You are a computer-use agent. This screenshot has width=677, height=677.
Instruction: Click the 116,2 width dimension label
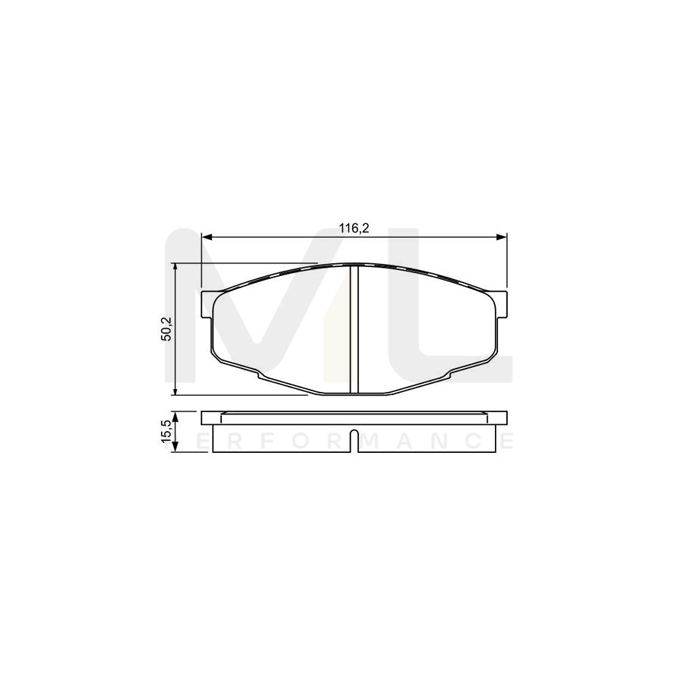(x=354, y=229)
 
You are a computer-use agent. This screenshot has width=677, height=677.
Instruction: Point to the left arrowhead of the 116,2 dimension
(x=206, y=238)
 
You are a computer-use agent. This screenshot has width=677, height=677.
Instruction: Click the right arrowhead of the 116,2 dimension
(x=502, y=238)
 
